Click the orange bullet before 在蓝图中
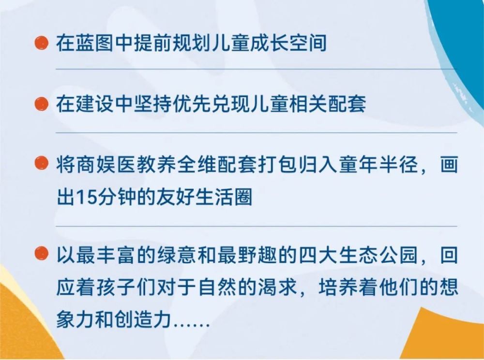point(41,43)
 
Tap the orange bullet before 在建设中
point(41,104)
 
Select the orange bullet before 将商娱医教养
point(41,163)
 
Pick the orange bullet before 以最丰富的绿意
point(41,254)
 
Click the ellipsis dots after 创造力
point(192,325)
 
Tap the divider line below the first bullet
point(256,69)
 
